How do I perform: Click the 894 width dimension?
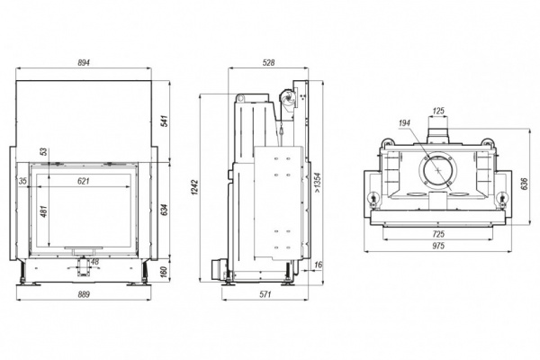[x=88, y=63]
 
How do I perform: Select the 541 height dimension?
[x=163, y=121]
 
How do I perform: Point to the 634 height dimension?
[x=163, y=210]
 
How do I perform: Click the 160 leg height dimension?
[x=163, y=271]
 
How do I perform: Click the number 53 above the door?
[x=42, y=151]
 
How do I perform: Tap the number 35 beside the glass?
[x=22, y=181]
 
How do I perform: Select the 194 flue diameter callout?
[x=402, y=123]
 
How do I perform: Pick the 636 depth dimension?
[x=525, y=185]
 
